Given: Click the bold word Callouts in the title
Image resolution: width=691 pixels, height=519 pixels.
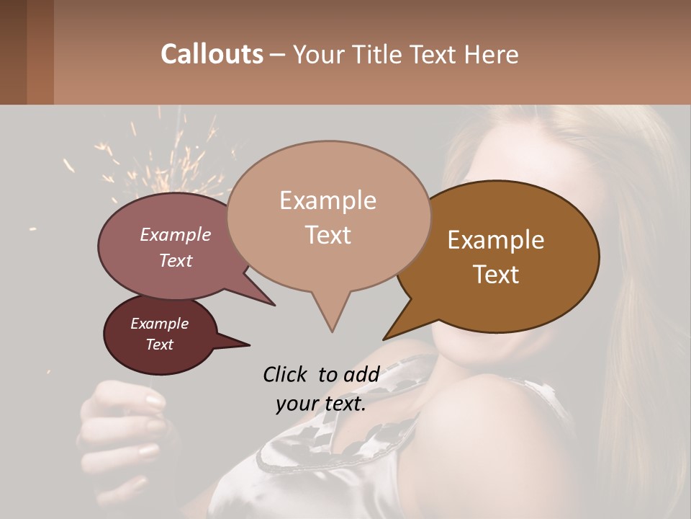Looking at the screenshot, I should [212, 54].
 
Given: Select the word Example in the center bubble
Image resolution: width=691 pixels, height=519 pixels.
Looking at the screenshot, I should [328, 200].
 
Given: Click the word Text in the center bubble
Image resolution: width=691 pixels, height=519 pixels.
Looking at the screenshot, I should [328, 235].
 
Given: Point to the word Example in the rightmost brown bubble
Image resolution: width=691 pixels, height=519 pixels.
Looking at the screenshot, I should [496, 240].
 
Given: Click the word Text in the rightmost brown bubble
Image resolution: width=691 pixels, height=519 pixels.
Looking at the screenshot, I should [496, 275].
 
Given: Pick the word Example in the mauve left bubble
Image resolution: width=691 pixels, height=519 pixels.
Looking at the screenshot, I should [175, 234].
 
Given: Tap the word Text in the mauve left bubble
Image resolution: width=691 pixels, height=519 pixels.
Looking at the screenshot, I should [175, 260].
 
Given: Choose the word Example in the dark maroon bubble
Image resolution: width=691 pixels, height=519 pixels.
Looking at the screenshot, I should [159, 324].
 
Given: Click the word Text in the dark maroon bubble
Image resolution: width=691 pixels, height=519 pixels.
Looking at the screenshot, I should [159, 345].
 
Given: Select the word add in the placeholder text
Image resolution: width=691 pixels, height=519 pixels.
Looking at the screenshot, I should [361, 374].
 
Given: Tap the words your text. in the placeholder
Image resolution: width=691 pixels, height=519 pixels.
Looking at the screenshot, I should [320, 404].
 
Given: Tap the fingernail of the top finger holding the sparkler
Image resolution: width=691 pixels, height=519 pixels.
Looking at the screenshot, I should [155, 401].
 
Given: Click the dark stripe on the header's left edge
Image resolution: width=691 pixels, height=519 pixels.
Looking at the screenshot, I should [13, 52].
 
